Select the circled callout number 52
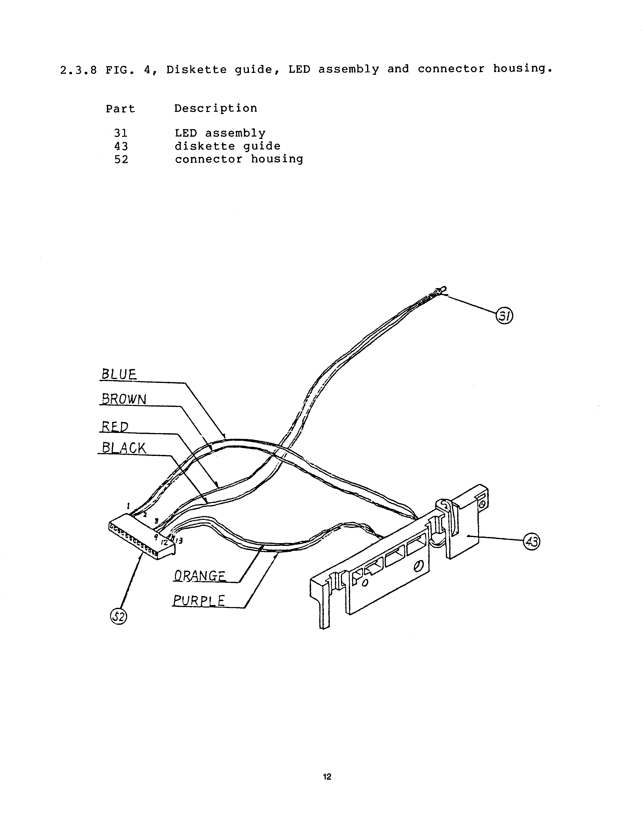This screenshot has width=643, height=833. [x=119, y=616]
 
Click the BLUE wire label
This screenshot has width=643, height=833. [x=119, y=374]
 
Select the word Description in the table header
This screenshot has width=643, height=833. [x=216, y=109]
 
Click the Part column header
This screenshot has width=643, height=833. [x=121, y=109]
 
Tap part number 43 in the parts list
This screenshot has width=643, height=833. [x=121, y=147]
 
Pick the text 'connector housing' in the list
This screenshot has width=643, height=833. [x=239, y=159]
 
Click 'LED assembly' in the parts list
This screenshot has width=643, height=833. [x=220, y=133]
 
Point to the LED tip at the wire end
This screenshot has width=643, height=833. [x=443, y=290]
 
